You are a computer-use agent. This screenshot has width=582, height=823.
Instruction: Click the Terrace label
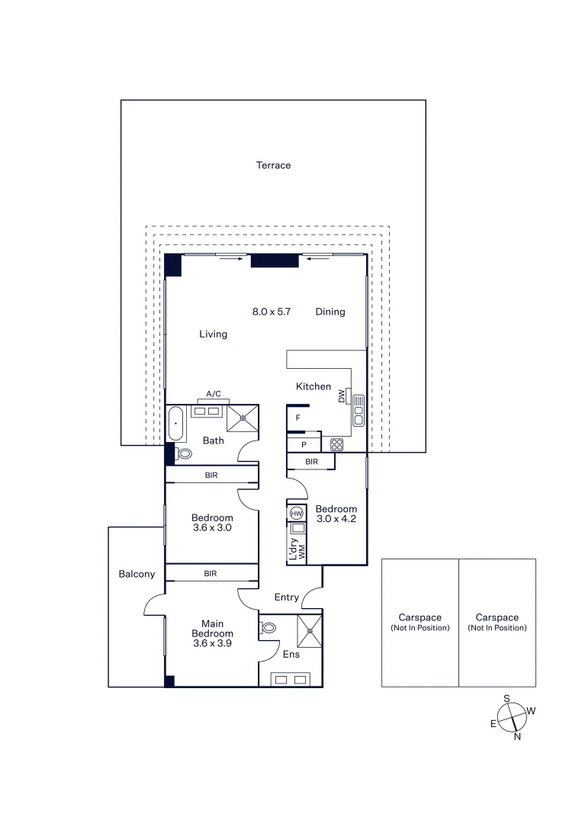(x=273, y=165)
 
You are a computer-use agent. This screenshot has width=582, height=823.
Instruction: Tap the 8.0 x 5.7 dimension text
(x=272, y=312)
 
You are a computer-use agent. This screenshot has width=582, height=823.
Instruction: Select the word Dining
(x=330, y=312)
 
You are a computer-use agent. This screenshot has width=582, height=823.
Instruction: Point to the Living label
(x=213, y=334)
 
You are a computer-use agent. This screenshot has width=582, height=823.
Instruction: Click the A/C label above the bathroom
(x=214, y=394)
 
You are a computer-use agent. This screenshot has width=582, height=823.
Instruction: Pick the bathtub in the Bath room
(x=175, y=424)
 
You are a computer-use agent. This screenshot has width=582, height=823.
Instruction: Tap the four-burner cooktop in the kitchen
(x=336, y=444)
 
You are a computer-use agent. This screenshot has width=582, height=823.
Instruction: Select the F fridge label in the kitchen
(x=298, y=418)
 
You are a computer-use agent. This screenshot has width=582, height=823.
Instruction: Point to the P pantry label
(x=304, y=444)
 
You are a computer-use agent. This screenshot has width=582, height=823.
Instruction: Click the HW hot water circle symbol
(x=296, y=514)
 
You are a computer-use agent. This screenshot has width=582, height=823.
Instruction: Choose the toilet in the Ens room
(x=268, y=628)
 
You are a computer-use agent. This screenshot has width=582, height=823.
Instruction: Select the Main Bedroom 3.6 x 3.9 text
(x=212, y=633)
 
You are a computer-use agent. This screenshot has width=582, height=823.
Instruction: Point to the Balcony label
(x=137, y=574)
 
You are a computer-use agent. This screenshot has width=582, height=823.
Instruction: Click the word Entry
(x=286, y=597)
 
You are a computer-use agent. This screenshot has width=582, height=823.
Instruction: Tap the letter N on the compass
(x=517, y=736)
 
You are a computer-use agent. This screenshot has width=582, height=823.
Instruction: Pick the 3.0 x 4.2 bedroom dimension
(x=336, y=520)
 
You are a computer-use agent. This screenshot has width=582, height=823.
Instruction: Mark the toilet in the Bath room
(x=183, y=453)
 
